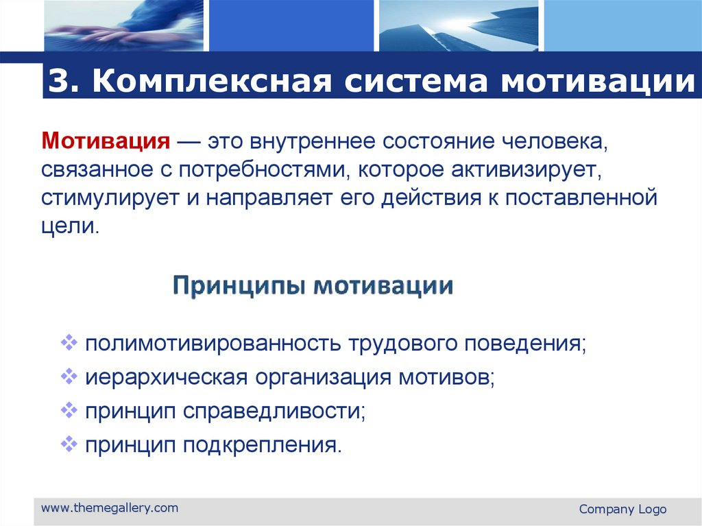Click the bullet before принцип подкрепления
pos(69,444)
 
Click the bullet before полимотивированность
pos(69,342)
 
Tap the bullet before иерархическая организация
pos(69,376)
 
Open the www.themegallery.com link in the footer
pos(110,508)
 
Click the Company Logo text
pos(622,509)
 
